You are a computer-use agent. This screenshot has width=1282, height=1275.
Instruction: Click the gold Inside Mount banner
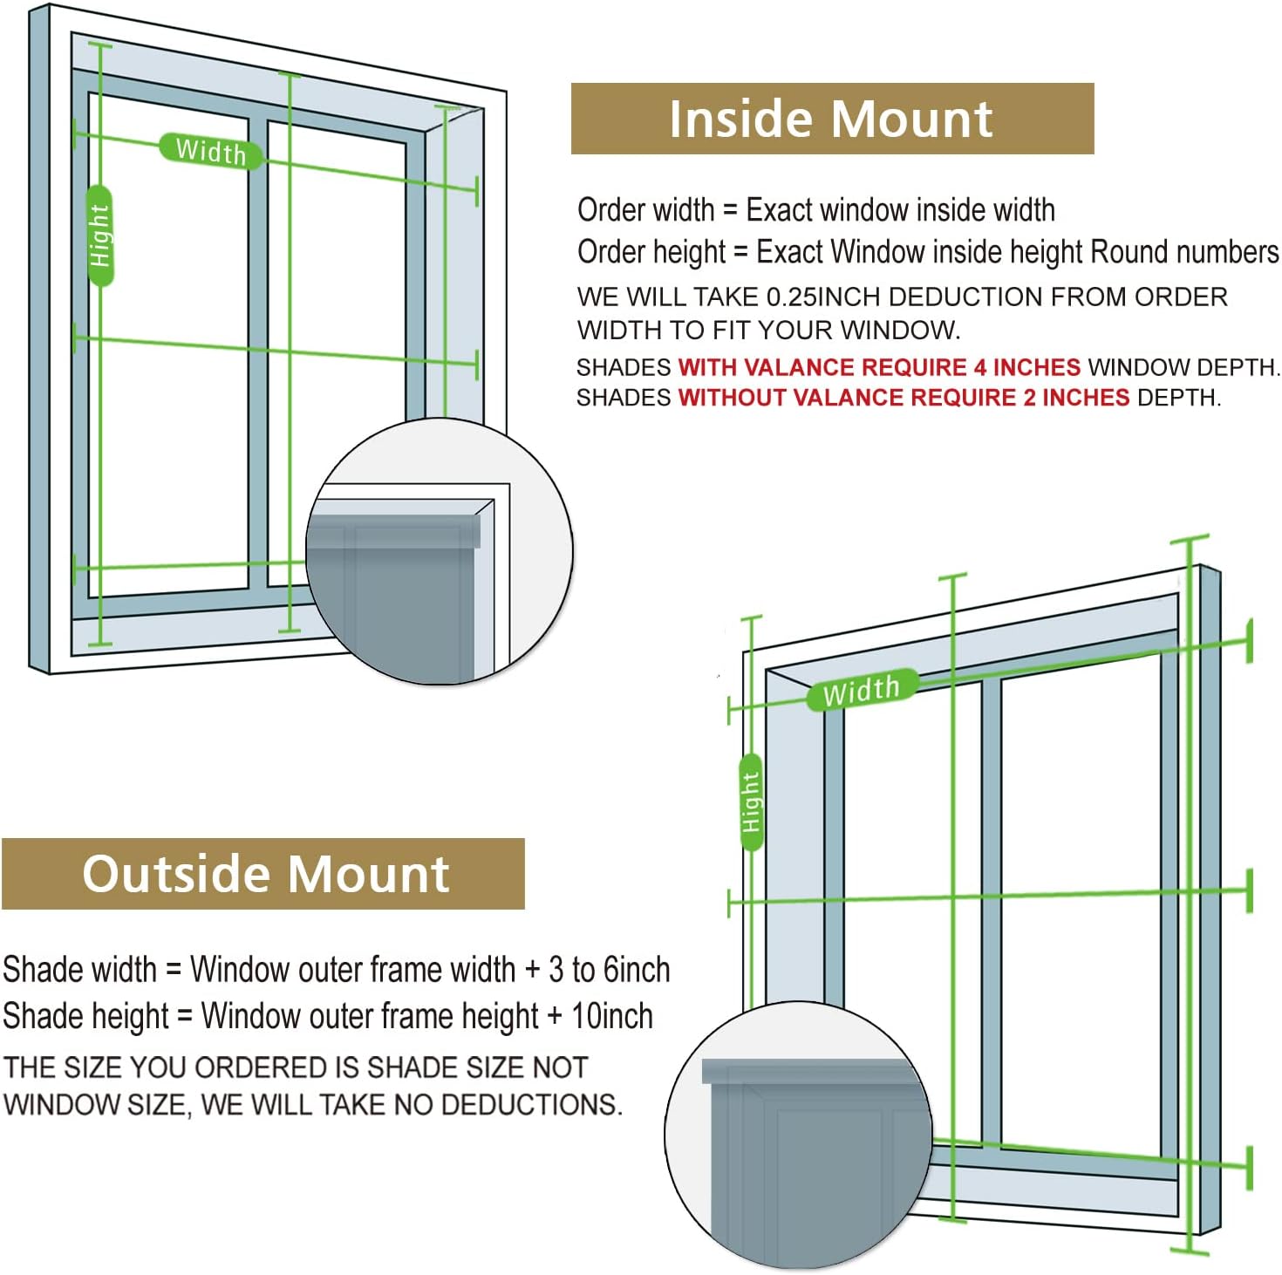(x=831, y=119)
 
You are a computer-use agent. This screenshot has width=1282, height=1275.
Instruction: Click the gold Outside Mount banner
(x=264, y=873)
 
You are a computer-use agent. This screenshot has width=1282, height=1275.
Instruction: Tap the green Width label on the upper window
(x=210, y=152)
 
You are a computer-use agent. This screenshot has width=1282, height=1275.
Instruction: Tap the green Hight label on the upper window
(x=100, y=235)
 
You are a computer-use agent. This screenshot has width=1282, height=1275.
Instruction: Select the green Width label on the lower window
(x=861, y=690)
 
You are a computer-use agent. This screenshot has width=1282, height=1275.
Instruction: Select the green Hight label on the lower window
(x=750, y=802)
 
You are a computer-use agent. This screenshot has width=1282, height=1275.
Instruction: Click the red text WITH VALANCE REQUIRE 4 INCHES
(x=878, y=367)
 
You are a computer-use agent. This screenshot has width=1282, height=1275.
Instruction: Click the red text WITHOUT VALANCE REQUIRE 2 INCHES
(x=904, y=398)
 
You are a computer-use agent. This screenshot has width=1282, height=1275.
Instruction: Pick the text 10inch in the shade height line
(x=611, y=1016)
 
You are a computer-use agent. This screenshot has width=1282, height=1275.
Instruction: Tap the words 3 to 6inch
(x=609, y=970)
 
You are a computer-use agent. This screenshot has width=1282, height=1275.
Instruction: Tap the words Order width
(x=645, y=210)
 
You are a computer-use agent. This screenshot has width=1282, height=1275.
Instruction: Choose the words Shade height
(x=85, y=1016)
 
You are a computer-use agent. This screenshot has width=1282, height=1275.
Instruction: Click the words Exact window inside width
(x=900, y=210)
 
